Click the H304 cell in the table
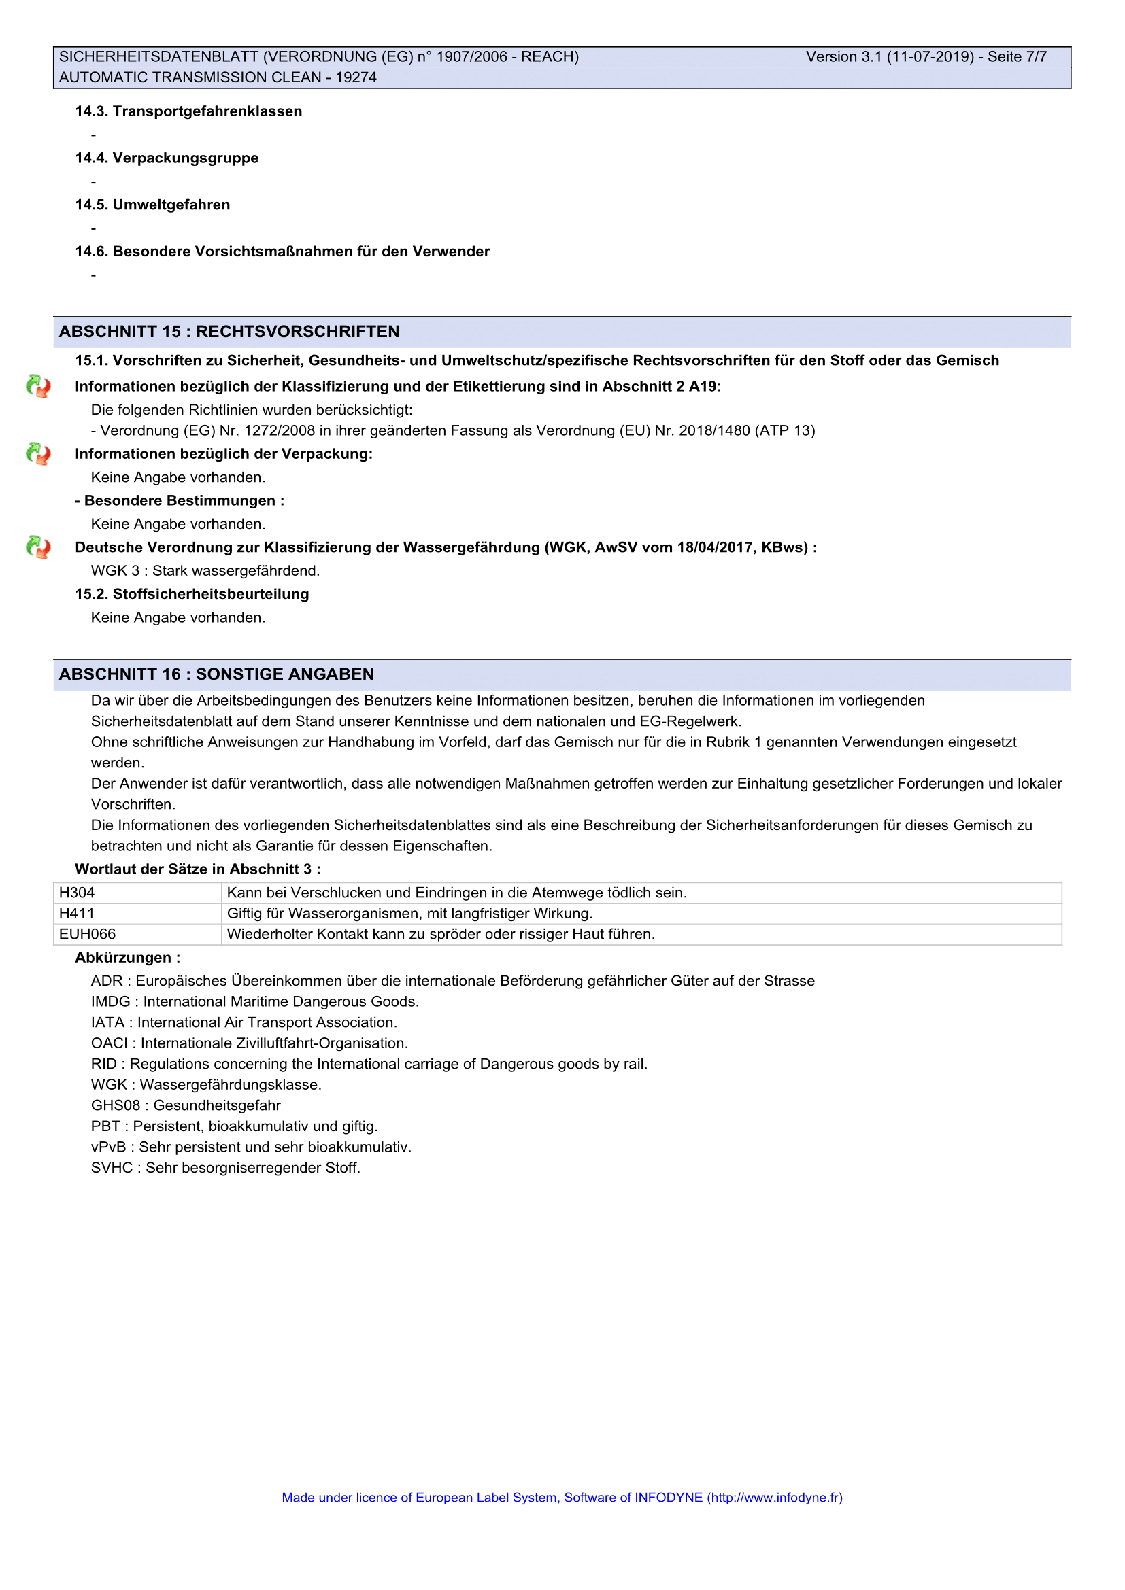77,893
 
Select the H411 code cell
77,914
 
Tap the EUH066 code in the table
87,934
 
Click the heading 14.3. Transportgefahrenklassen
188,111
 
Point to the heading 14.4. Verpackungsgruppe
166,158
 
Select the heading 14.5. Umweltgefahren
152,205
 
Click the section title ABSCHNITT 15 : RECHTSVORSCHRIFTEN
229,332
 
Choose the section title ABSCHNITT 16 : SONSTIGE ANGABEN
216,674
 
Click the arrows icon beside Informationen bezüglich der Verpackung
38,454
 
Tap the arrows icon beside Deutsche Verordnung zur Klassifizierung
38,548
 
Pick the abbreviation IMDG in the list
110,1002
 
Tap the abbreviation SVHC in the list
112,1169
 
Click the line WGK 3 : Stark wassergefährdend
205,570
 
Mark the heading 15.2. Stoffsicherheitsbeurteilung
192,594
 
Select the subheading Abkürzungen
127,958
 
